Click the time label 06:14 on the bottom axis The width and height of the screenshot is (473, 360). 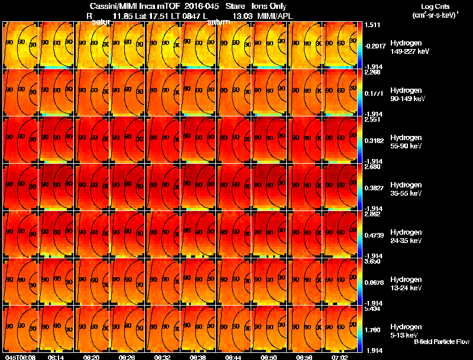click(x=56, y=357)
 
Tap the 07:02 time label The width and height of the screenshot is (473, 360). click(x=339, y=357)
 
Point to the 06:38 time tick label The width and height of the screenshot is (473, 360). click(x=198, y=357)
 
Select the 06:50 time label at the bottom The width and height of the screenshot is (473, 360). click(x=269, y=357)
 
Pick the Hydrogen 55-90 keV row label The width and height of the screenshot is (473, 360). click(x=407, y=142)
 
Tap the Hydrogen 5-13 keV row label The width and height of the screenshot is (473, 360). click(x=407, y=330)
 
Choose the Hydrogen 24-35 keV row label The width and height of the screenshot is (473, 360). click(x=407, y=236)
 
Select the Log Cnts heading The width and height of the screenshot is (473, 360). click(x=435, y=6)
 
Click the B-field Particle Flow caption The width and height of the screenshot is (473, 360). click(x=441, y=342)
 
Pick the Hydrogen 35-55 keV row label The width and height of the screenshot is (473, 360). click(x=407, y=189)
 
